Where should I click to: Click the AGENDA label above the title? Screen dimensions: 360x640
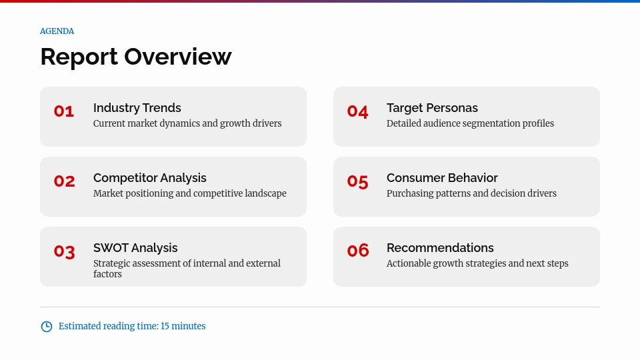pos(57,31)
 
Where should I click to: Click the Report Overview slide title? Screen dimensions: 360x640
pos(135,57)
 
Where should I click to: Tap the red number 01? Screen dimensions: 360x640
pos(64,111)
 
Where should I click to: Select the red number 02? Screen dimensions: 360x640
pos(64,181)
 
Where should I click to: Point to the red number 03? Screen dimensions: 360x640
pos(64,251)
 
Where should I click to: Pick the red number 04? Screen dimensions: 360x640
pos(357,111)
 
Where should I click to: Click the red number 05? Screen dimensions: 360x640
pos(357,181)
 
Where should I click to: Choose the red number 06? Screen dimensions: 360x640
pos(357,251)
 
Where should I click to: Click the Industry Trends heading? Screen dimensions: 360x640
pos(137,108)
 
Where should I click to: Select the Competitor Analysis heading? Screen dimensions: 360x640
pos(149,178)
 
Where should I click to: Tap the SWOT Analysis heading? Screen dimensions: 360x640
pos(135,248)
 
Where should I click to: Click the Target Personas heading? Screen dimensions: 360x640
pos(432,108)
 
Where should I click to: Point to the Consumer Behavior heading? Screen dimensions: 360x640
pos(442,178)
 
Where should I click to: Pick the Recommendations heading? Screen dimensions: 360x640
pos(440,248)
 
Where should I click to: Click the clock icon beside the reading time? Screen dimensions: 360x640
pos(47,327)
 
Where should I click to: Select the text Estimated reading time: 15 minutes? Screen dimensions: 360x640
pos(132,327)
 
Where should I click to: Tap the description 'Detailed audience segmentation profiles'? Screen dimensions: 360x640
pos(470,123)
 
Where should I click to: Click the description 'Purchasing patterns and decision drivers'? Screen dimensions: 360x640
pos(471,193)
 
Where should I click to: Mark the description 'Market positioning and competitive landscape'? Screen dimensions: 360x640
pos(189,193)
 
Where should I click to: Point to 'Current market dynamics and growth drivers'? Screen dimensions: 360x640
pos(187,123)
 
